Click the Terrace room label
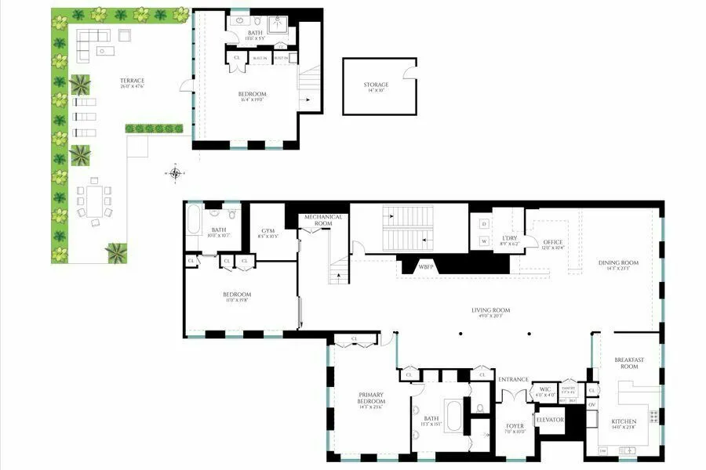coord(132,81)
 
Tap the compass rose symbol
coord(176,173)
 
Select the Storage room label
coord(376,85)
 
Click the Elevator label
coord(550,420)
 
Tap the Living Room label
coord(491,310)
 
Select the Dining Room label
coord(618,263)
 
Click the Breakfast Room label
coord(629,363)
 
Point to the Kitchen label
coord(624,422)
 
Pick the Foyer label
coord(515,427)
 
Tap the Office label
coord(553,243)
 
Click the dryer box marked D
coord(483,223)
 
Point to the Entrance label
coord(514,379)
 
